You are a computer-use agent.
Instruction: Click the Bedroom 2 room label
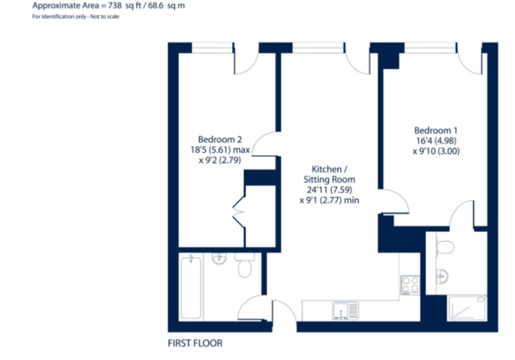(220, 139)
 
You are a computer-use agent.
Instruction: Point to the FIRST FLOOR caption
(195, 343)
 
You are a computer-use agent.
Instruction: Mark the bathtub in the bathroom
(191, 286)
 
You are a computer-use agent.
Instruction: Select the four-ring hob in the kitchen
(410, 285)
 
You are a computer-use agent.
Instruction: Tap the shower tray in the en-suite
(468, 308)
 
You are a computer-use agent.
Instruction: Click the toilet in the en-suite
(444, 247)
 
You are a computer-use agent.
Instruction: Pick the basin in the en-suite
(442, 276)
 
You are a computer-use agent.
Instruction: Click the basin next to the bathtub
(219, 257)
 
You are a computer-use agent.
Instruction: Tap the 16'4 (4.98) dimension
(436, 140)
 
